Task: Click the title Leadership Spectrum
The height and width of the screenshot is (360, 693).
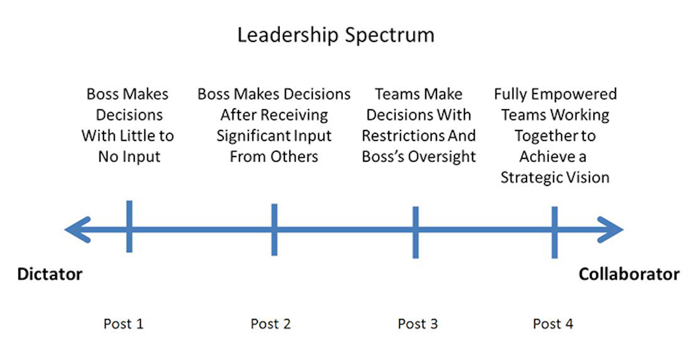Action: tap(336, 36)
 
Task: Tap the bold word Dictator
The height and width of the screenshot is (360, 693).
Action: tap(50, 275)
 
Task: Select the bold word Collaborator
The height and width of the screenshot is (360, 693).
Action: tap(629, 275)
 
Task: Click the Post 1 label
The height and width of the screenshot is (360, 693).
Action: tap(124, 324)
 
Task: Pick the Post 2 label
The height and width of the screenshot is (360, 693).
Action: tap(271, 324)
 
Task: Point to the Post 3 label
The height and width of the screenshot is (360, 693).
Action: tap(418, 324)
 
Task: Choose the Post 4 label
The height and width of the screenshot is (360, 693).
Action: tap(553, 324)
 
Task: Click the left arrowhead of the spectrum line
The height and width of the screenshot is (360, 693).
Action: tap(77, 230)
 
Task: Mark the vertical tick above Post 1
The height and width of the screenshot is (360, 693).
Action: tap(129, 226)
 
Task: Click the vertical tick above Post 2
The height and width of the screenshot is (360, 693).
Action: tap(274, 230)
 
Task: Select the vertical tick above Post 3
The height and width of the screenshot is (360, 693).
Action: tap(415, 232)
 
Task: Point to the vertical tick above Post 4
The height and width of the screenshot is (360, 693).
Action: tap(554, 232)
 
